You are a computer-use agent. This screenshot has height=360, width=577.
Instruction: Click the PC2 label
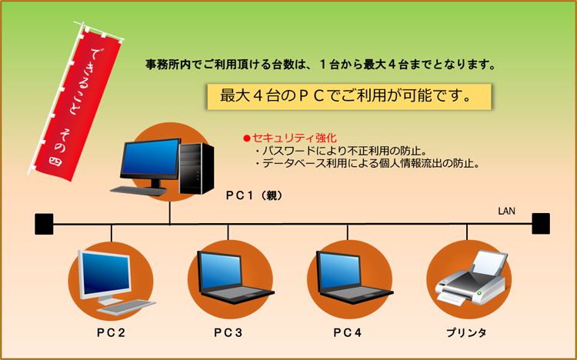pos(111,333)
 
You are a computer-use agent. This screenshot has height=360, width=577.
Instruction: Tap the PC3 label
pos(228,333)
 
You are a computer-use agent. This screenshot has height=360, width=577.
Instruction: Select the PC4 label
pos(348,333)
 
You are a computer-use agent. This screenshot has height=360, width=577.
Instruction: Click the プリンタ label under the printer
pos(467,333)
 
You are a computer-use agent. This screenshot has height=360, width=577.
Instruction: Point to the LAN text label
pos(507,211)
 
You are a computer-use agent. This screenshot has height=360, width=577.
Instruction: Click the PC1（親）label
pos(255,195)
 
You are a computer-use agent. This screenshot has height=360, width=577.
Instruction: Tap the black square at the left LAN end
pos(44,224)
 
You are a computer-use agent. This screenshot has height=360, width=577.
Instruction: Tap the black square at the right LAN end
pos(541,223)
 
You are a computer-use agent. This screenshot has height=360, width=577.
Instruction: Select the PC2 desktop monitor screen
pos(105,273)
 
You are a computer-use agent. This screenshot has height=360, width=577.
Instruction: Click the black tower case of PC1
pos(196,168)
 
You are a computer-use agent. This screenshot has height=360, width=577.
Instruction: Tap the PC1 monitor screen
pos(150,158)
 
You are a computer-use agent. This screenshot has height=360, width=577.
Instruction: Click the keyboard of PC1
pos(139,191)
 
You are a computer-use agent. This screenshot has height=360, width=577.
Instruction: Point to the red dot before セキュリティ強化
pos(246,138)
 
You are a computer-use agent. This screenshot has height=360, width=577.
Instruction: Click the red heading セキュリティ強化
pos(295,138)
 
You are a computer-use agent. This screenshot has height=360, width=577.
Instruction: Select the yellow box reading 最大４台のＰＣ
pos(349,97)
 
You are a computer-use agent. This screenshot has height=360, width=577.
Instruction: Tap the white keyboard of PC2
pos(127,308)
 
